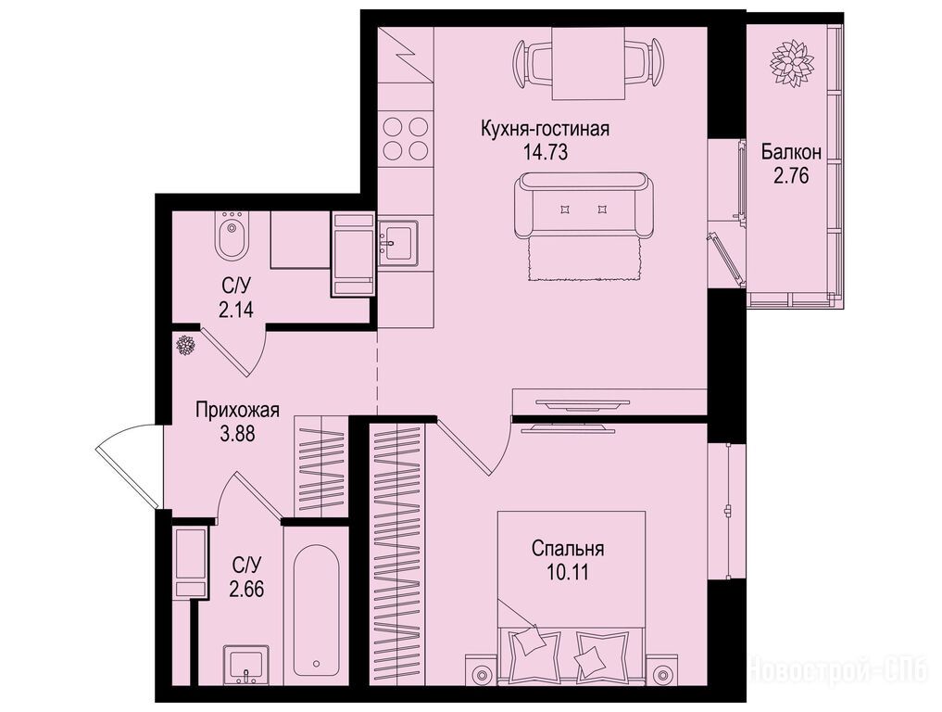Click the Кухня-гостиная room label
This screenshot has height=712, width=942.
(x=545, y=129)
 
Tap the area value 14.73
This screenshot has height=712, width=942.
(x=546, y=153)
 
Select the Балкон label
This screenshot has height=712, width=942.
(x=791, y=152)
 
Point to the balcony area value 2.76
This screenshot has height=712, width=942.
(x=791, y=176)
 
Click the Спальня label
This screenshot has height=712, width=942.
(x=568, y=549)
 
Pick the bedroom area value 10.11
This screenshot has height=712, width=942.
(x=568, y=573)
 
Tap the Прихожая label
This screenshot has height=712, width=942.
(x=238, y=411)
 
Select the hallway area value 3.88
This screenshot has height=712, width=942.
(x=238, y=434)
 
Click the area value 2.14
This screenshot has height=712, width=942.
(x=236, y=310)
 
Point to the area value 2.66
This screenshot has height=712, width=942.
(x=246, y=588)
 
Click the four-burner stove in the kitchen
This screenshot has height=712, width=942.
(x=406, y=138)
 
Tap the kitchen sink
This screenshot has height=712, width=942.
(x=397, y=243)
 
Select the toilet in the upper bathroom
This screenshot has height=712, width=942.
(x=232, y=235)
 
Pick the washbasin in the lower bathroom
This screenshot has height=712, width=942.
(x=246, y=665)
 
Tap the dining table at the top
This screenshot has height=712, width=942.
(x=587, y=64)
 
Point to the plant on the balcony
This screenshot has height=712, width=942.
(x=792, y=63)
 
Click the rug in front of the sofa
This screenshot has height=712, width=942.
(x=584, y=259)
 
